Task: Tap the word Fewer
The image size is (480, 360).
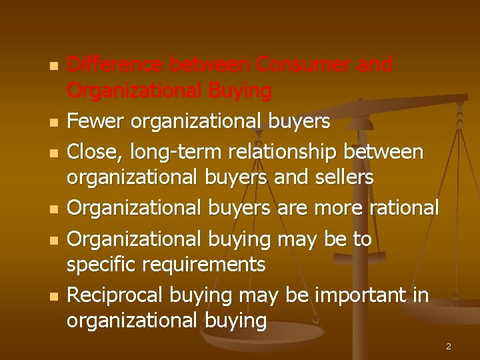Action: [97, 121]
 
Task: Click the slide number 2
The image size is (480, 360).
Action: [449, 347]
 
